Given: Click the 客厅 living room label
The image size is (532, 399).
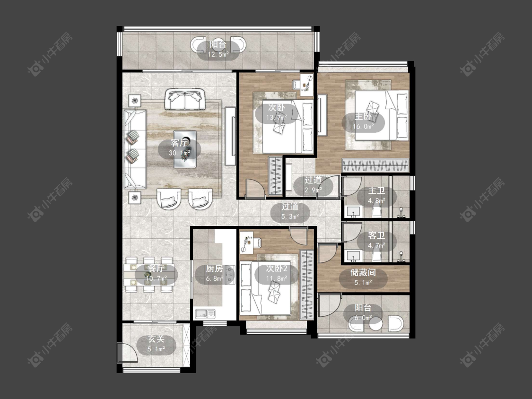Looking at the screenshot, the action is [180, 143].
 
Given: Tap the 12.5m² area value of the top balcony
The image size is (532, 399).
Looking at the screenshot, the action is [218, 54].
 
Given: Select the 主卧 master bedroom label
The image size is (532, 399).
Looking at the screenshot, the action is [363, 117].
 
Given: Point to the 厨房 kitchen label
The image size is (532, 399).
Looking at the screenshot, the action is [214, 269].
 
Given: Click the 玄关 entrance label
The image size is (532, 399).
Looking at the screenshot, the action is [156, 339].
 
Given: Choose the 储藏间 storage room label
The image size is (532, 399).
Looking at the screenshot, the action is [363, 272].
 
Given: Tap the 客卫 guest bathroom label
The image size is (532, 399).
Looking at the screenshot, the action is [376, 235].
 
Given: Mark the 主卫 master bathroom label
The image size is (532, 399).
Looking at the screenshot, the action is [376, 191].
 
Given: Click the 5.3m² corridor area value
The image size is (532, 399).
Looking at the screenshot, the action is [290, 217].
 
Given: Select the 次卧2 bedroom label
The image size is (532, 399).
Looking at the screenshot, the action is [277, 269].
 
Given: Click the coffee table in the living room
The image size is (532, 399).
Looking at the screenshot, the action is [185, 149].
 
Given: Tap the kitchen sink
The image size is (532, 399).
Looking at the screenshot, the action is [205, 313].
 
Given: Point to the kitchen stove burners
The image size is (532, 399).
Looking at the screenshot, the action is [230, 275].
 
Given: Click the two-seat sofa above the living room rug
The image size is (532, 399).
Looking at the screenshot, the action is [185, 99].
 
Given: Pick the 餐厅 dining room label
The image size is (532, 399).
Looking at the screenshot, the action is [156, 269].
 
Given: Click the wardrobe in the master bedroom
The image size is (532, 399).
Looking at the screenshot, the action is [375, 165].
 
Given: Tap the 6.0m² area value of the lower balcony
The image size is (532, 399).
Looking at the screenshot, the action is [363, 318].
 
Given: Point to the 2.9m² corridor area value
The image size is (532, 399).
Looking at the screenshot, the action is [313, 190].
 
